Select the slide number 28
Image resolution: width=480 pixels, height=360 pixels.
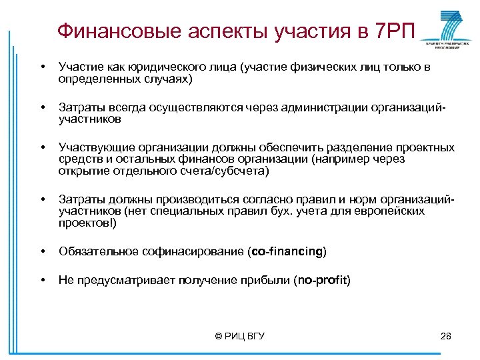pyautogui.click(x=446, y=336)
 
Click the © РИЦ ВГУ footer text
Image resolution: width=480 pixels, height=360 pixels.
pyautogui.click(x=240, y=336)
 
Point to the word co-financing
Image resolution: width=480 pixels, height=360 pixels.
pyautogui.click(x=287, y=251)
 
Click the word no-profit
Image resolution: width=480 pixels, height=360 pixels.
pyautogui.click(x=323, y=281)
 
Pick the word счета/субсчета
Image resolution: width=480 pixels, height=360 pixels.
pyautogui.click(x=229, y=171)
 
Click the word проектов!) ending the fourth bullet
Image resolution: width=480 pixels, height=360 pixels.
pyautogui.click(x=87, y=223)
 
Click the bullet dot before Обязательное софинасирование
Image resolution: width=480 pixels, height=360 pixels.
pyautogui.click(x=43, y=252)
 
